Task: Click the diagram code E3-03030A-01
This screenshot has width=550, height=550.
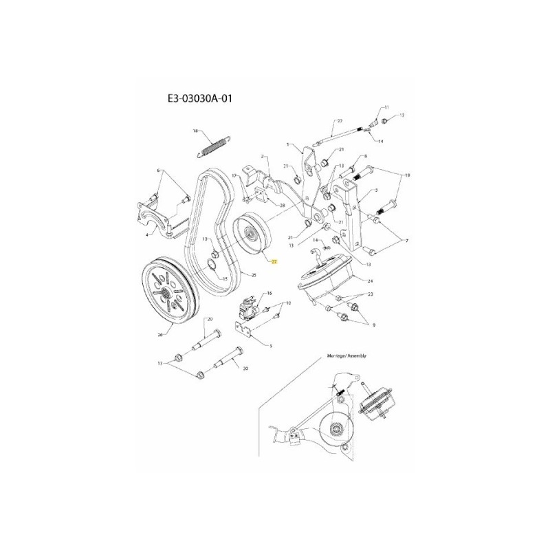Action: pyautogui.click(x=203, y=99)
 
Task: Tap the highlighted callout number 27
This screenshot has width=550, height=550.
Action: pyautogui.click(x=274, y=262)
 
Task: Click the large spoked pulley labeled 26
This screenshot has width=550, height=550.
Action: pyautogui.click(x=170, y=289)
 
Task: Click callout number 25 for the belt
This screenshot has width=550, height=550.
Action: pyautogui.click(x=253, y=275)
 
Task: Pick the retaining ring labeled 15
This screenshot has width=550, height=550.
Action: pyautogui.click(x=214, y=267)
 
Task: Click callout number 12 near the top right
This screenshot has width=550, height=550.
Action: pyautogui.click(x=403, y=115)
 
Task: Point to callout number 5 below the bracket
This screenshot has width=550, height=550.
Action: pyautogui.click(x=272, y=346)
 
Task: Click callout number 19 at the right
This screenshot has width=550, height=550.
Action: pyautogui.click(x=408, y=176)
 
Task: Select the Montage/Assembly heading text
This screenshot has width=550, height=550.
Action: pyautogui.click(x=348, y=356)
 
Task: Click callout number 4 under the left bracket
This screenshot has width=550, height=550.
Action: pyautogui.click(x=146, y=234)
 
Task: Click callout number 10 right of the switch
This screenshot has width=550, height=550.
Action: pyautogui.click(x=289, y=303)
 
